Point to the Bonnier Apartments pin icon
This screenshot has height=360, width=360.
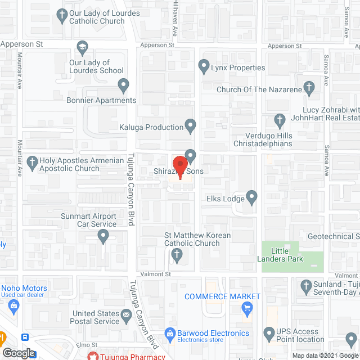coord(124,85)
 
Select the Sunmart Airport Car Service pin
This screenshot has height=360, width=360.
coord(103,237)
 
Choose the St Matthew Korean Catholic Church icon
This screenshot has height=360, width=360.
coord(177,257)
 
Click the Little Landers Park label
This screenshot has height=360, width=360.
coord(287,255)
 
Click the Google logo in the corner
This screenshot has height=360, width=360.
coord(18,353)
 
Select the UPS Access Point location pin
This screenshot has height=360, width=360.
coord(268,335)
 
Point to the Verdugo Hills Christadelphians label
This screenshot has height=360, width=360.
coord(269,139)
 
